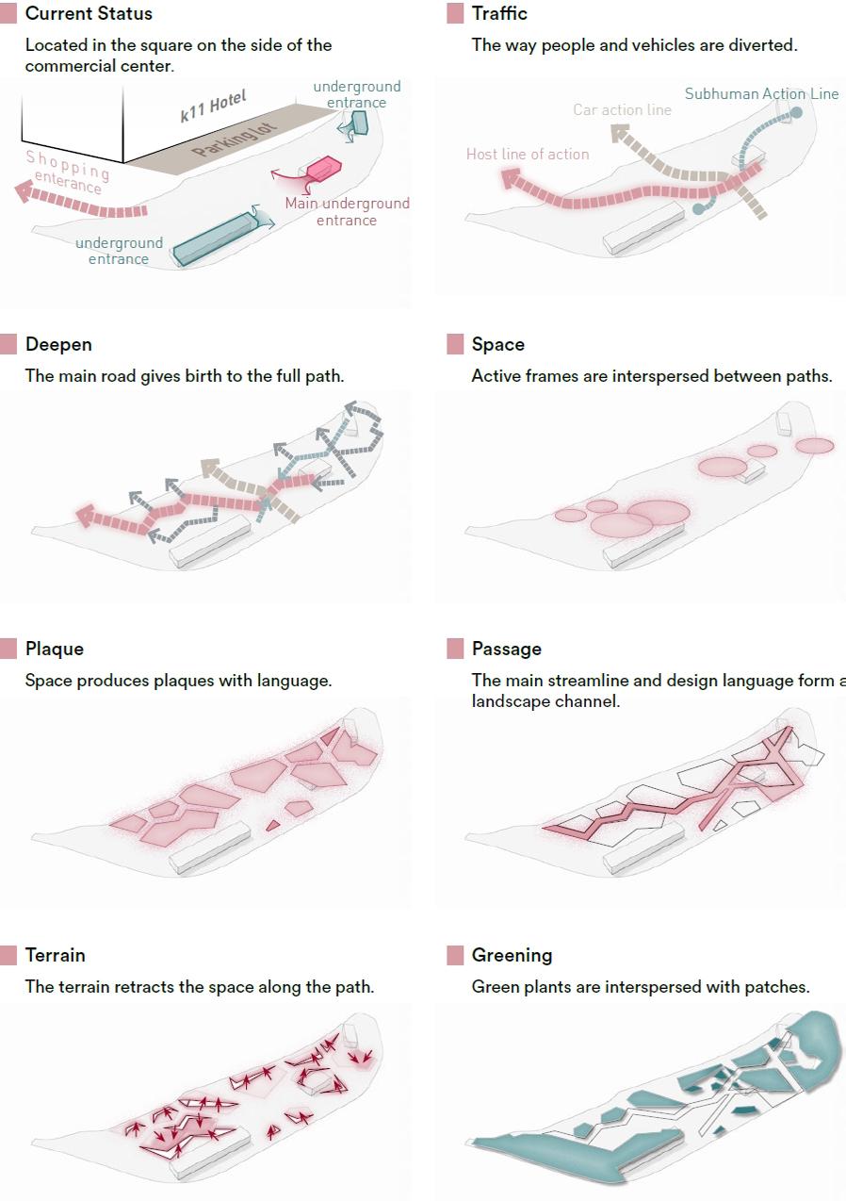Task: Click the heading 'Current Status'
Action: point(89,14)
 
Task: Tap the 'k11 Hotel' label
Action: point(213,106)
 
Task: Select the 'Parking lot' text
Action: point(228,138)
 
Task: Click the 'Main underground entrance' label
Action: point(347,211)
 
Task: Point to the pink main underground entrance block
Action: point(321,169)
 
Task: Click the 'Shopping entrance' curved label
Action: point(66,171)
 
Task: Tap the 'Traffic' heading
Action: point(499,14)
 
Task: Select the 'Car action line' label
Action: point(622,109)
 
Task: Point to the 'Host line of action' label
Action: point(528,154)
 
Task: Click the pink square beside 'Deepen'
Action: point(8,344)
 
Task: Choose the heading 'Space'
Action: point(497,344)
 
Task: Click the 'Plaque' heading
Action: point(54,649)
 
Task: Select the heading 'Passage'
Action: point(506,649)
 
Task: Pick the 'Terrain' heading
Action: point(55,955)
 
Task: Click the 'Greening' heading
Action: point(512,955)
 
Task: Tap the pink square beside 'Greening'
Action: point(455,955)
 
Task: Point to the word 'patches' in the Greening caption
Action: point(778,987)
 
